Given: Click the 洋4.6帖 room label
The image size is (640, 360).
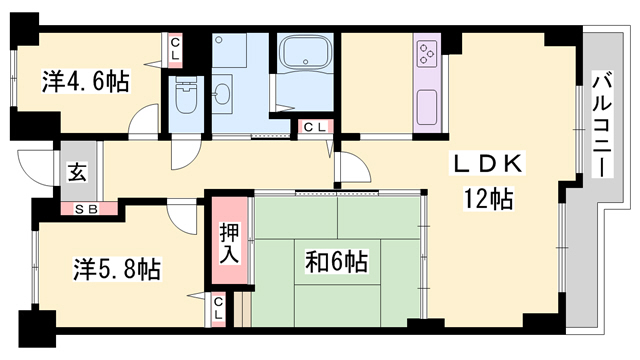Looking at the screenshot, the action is point(85,81).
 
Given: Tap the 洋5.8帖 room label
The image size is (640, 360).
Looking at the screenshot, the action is point(117,269).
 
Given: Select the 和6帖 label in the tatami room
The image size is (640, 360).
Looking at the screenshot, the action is point(337,262).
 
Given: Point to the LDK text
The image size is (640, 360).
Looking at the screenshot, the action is point(488,164).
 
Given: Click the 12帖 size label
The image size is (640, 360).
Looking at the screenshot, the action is point(488,200).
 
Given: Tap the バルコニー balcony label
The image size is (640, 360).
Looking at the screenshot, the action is point(602,125).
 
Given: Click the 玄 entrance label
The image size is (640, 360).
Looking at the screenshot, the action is point(78,173).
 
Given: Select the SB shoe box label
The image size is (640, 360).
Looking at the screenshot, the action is point(87,209).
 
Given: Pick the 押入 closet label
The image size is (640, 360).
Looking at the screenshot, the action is point(229,243).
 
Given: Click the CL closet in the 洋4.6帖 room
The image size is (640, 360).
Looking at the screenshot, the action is point(175,49).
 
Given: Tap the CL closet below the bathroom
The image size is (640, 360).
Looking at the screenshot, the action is point(315,127).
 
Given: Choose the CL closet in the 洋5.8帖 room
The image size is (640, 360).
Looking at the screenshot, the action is point(218,309).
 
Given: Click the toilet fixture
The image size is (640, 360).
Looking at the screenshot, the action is point(187,96).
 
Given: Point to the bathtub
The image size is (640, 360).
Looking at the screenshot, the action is point(305,51).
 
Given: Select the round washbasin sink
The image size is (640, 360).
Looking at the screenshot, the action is point(222,94).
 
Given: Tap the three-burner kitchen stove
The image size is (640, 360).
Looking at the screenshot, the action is point(427,53).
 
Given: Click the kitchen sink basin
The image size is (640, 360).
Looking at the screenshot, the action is point(427,107).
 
